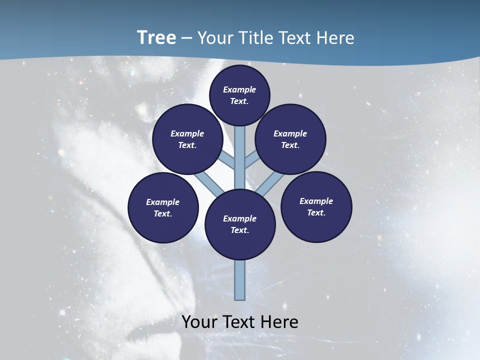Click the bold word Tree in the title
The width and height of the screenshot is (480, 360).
156,38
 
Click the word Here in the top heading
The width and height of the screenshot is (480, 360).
335,38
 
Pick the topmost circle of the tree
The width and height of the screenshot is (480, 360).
239,95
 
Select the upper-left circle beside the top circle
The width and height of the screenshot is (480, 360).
187,139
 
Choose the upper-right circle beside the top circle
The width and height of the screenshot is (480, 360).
290,139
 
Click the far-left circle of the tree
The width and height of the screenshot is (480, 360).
163,207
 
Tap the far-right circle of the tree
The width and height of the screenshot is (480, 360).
316,206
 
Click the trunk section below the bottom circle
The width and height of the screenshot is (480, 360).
240,280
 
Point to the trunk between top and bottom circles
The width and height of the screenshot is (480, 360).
240,155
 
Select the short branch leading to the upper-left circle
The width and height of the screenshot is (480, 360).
228,160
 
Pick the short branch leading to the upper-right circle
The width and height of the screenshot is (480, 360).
251,160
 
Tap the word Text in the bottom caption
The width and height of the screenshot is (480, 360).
240,322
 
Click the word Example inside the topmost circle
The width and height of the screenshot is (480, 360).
239,89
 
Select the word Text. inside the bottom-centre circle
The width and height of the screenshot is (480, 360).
240,230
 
